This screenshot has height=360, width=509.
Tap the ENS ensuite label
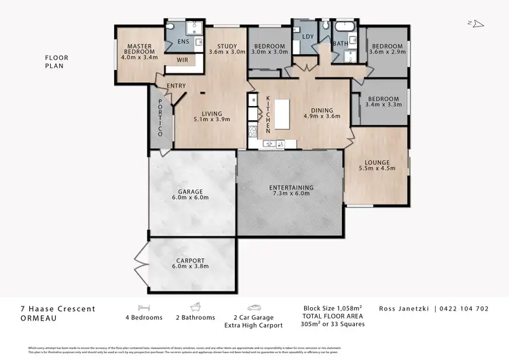coord(183,42)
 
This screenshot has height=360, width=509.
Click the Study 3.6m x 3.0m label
coord(223,48)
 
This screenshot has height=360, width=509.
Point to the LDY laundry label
coord(307,37)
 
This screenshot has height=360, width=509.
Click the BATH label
coord(340,45)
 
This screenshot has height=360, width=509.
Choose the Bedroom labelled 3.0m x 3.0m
coord(269,48)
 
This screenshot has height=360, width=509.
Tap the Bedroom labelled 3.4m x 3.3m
coord(382,102)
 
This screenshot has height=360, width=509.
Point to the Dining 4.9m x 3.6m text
coord(322,113)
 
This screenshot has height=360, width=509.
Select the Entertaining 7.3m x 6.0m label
coord(291,190)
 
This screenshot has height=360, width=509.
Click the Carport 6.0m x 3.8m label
coord(190,263)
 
